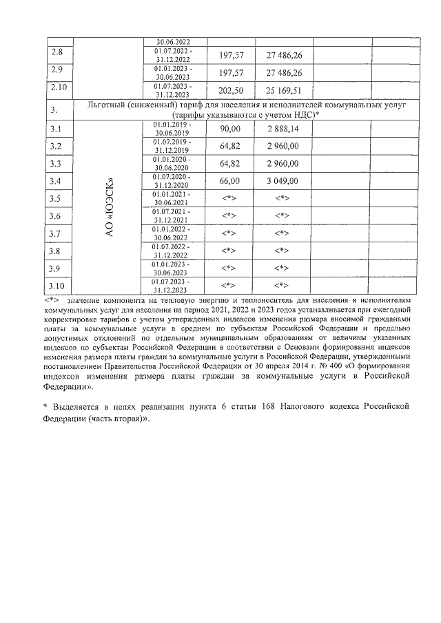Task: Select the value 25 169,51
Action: pos(283,91)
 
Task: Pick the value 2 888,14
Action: pos(283,129)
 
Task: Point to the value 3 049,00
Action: pos(283,181)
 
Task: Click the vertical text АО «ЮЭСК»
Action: pos(108,207)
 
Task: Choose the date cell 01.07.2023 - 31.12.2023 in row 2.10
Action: pos(174,91)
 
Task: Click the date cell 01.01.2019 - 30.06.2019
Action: pos(174,129)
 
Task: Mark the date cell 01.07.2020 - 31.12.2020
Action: pos(174,181)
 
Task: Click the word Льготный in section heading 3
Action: pos(111,104)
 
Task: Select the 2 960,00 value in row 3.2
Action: pos(283,146)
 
